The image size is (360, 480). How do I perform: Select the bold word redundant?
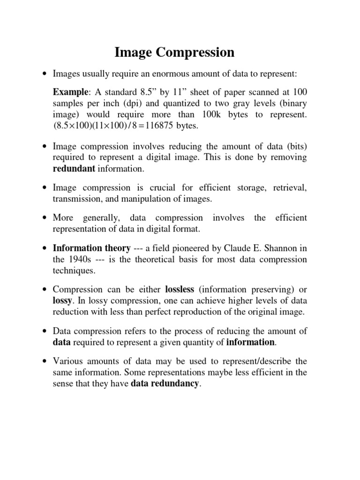74,168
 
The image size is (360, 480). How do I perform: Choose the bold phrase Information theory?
91,248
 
